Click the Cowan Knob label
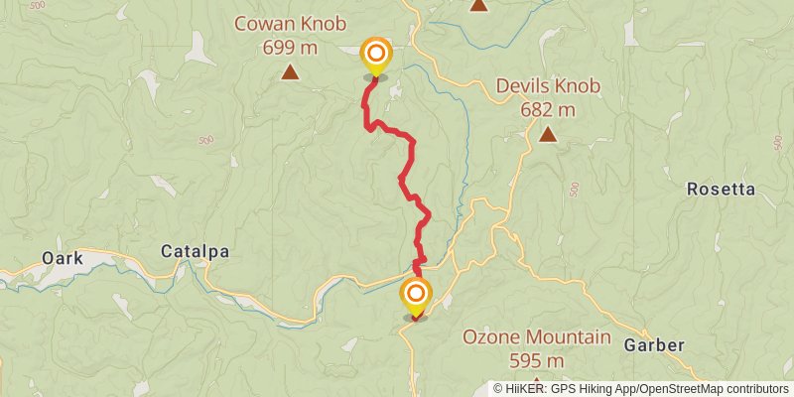(290, 24)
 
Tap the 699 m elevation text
(290, 46)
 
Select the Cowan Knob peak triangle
(290, 71)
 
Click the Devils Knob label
(548, 86)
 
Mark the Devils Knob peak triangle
(547, 133)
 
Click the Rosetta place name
(722, 189)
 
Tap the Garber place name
(654, 345)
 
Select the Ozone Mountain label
(536, 337)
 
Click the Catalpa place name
(195, 252)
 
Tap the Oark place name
(62, 258)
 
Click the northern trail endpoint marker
(376, 55)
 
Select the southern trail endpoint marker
(416, 295)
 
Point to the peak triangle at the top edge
(478, 5)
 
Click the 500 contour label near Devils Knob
(575, 188)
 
